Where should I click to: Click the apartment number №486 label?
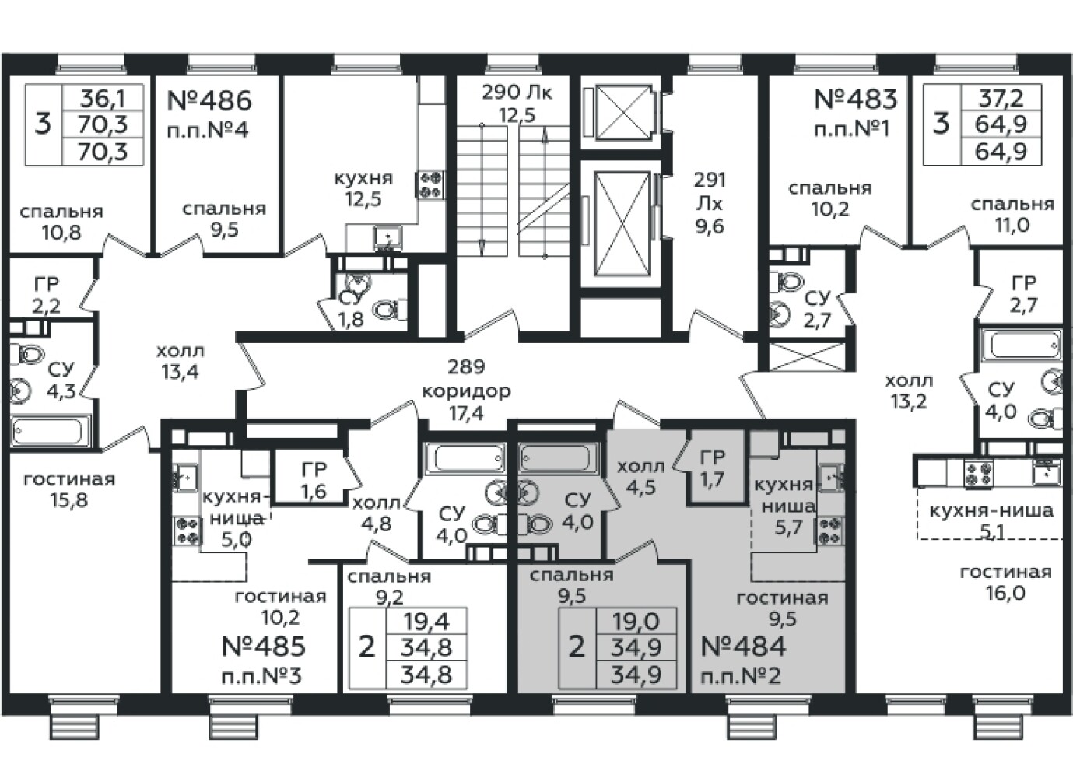coord(209,101)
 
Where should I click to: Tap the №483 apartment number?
coord(855,100)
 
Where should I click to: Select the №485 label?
coord(263,647)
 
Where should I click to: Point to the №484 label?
coord(743,647)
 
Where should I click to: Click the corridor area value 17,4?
coord(465,413)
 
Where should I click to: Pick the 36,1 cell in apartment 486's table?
coord(113,98)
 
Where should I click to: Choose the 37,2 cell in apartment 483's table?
coord(1011,98)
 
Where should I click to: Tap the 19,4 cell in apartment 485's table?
coord(426,621)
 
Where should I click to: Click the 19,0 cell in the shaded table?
coord(635,621)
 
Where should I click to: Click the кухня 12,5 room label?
coord(363,188)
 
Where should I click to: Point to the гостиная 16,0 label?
coord(1005,583)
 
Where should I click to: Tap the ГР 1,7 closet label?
coord(712,468)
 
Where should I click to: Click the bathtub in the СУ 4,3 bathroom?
coord(51,430)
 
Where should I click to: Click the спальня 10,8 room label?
coord(61,221)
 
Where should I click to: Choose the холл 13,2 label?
coord(909,391)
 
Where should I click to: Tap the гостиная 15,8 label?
coord(69,489)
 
